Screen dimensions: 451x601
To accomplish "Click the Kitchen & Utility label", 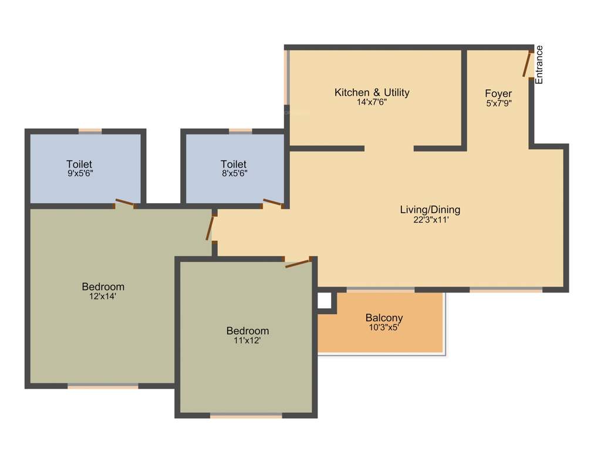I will pos(372,92).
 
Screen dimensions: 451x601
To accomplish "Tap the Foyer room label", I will pos(498,93).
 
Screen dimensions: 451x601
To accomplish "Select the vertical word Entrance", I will pos(539,65).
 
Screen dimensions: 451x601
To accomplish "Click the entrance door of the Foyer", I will pos(528,64).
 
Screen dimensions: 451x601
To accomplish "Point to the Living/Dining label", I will pos(430,210).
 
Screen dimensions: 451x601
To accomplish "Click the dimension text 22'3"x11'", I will pos(430,220).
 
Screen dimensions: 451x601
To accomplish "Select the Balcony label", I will pos(384,318).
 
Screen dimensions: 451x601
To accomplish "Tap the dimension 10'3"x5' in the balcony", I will pos(384,328).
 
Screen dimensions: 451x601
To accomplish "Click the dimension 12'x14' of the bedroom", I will pos(103,297).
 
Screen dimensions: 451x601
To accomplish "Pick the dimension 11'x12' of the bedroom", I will pos(247,341).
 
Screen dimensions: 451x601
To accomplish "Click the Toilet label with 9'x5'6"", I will pos(79,164).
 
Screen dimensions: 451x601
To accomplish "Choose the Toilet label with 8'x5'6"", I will pos(234,164).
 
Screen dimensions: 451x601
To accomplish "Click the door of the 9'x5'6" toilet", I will pos(124,203).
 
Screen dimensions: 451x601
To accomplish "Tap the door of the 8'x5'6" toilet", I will pos(272,203).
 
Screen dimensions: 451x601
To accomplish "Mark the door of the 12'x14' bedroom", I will pos(210,227).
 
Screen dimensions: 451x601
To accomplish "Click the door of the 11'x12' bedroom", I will pos(298,262).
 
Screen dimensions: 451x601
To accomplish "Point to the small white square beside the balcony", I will pos(324,300).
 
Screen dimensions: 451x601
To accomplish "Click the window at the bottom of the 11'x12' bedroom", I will pos(246,416).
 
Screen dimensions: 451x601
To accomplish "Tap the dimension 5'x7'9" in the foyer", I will pos(498,103).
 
